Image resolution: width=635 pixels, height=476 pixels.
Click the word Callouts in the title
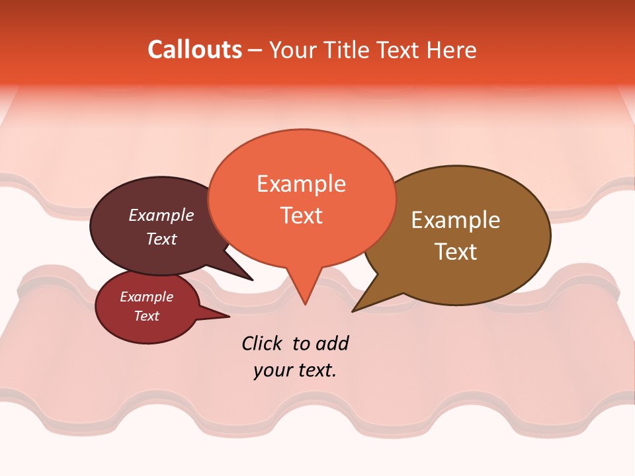point(194,50)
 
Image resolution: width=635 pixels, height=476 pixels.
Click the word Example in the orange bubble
point(302,184)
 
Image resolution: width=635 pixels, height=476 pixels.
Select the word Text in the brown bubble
point(456,252)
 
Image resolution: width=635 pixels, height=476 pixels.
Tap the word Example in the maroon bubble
point(161,216)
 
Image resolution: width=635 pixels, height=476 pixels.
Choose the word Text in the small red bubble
point(147,316)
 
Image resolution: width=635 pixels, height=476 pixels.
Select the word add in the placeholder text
point(331,344)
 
